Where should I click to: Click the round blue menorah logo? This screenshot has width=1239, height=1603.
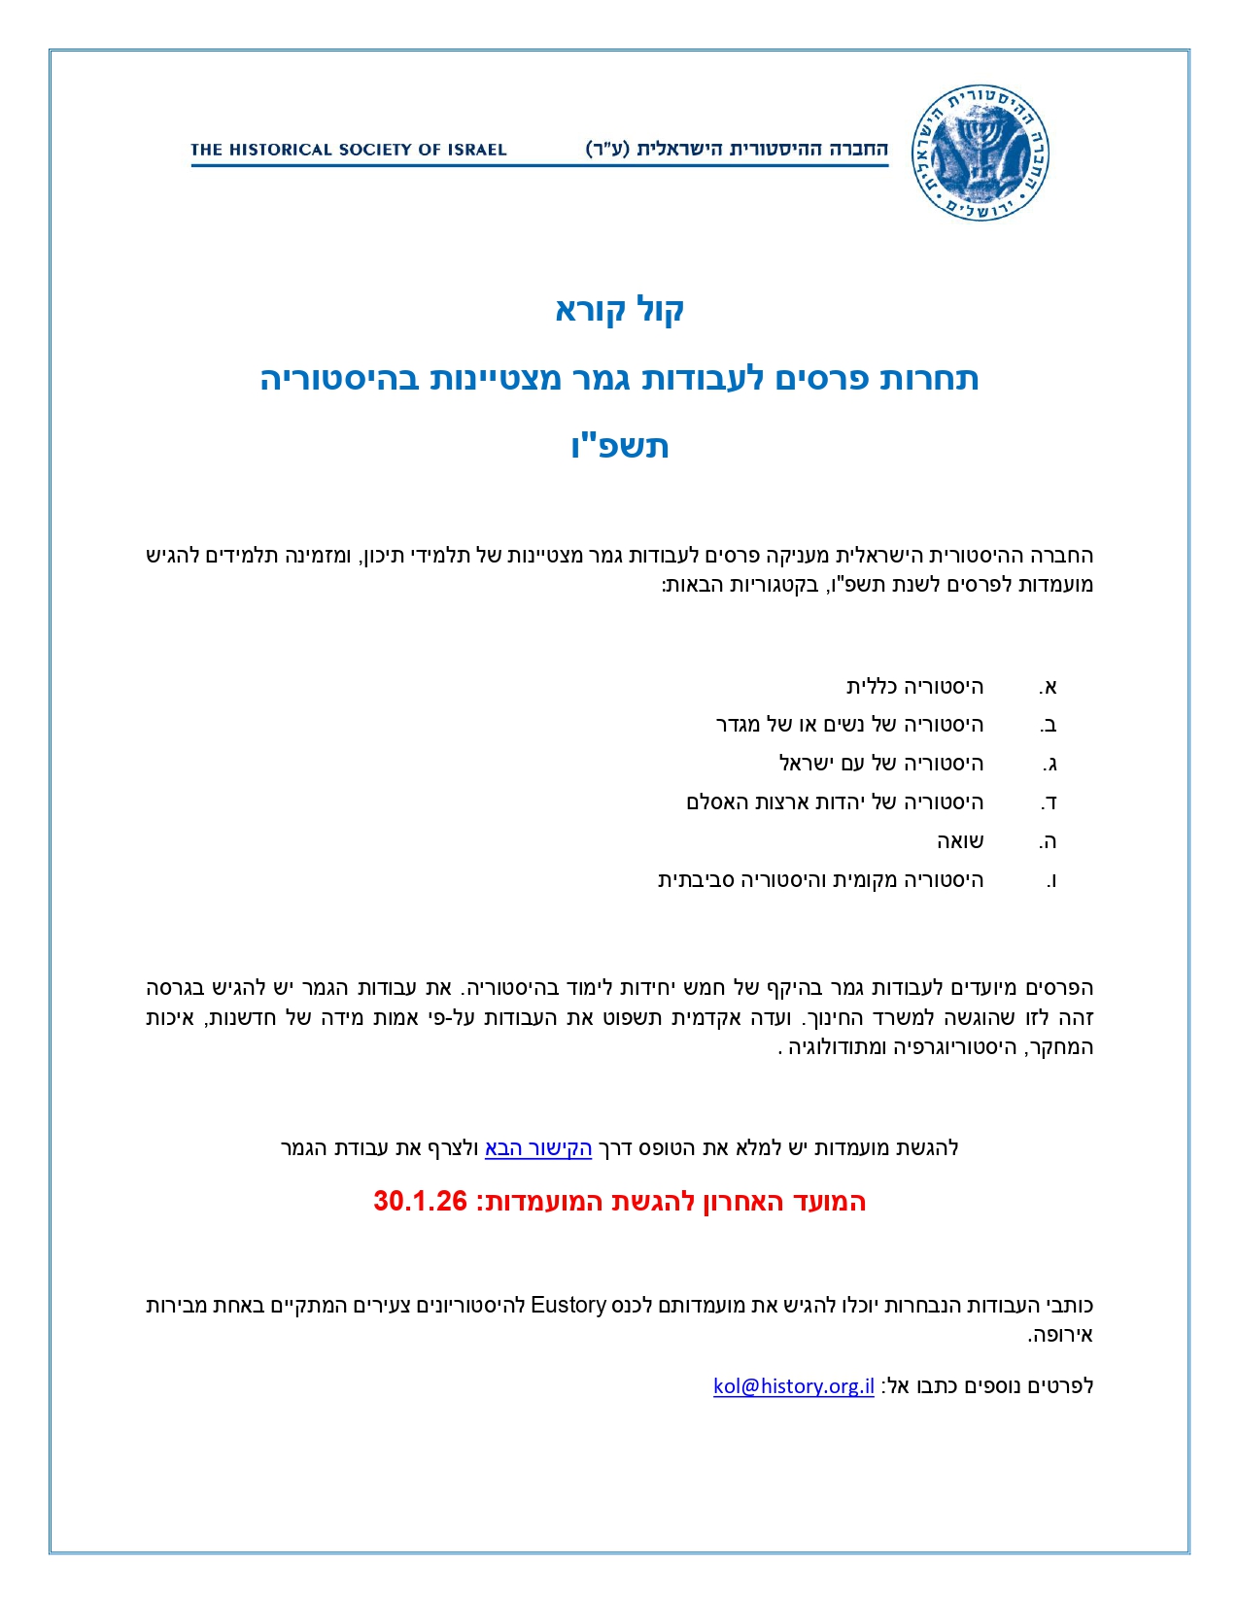981,152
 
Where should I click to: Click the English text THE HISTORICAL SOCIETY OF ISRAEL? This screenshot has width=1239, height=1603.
349,150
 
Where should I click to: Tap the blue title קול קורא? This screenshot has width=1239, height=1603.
620,310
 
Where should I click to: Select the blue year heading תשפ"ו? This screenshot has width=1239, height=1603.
620,446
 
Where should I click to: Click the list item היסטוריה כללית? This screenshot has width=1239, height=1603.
914,687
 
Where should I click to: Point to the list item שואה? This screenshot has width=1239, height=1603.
960,841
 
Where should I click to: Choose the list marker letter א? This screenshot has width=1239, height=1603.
1048,688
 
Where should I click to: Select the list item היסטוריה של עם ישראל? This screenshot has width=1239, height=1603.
881,764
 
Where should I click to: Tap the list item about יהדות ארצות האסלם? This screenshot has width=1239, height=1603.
835,802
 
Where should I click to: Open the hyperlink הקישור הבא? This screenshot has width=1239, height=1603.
538,1148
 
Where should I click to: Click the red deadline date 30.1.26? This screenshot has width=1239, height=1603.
421,1202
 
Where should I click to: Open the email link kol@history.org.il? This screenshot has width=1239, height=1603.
794,1386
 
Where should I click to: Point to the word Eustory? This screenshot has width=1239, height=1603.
568,1305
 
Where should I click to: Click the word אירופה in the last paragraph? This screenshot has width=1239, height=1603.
1062,1335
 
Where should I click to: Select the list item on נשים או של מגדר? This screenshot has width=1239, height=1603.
849,725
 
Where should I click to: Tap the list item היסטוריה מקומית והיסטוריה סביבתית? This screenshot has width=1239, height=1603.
821,880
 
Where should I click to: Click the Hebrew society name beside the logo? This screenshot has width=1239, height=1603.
737,150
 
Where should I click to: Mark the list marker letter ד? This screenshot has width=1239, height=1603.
1049,803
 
